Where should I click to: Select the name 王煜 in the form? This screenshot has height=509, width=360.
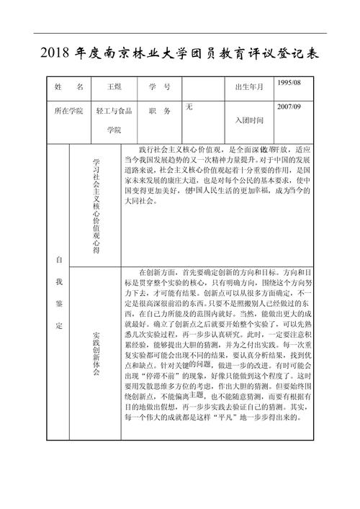click(x=114, y=87)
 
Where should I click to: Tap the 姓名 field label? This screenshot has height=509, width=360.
click(x=69, y=87)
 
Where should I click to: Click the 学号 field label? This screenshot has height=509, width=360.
click(x=159, y=87)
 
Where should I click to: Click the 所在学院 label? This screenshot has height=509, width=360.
click(x=69, y=112)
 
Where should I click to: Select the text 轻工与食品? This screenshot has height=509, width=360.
click(x=114, y=112)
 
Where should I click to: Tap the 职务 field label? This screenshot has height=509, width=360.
click(x=159, y=112)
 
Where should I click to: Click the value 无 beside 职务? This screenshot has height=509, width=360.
click(x=189, y=107)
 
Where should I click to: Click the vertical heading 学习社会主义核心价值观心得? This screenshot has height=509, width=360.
click(x=96, y=205)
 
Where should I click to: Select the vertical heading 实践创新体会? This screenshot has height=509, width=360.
click(x=96, y=356)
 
